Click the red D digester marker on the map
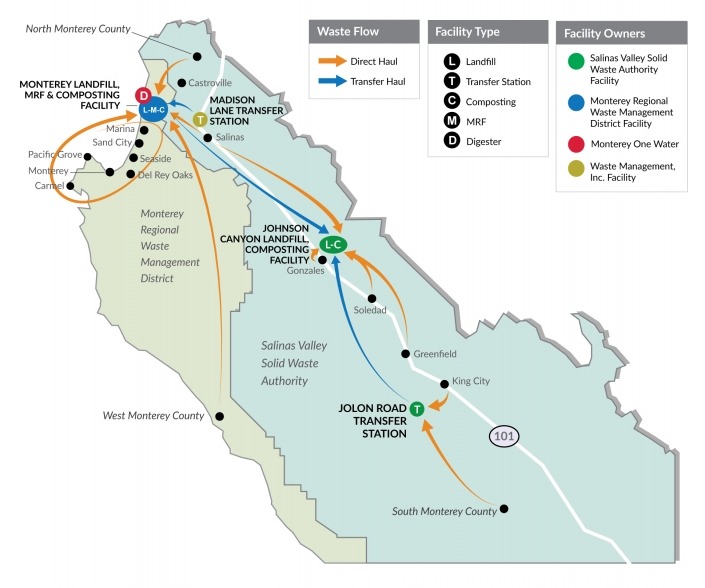tap(143, 96)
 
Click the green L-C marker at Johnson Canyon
tap(333, 244)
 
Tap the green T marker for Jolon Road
tap(417, 408)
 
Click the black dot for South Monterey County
tap(505, 508)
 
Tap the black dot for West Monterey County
tap(219, 416)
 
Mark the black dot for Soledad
tap(371, 298)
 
